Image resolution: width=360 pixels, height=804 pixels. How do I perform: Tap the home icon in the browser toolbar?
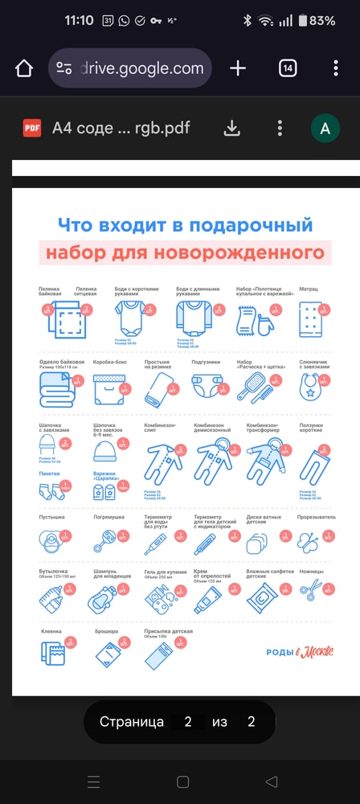tap(24, 68)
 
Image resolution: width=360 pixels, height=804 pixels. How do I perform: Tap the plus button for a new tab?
tap(238, 68)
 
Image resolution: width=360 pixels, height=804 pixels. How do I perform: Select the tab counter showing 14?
tap(288, 68)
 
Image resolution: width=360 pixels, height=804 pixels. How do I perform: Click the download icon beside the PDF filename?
tap(231, 128)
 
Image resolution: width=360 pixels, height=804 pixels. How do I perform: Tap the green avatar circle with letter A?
tap(325, 128)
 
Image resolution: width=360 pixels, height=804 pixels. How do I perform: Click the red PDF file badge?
tap(32, 128)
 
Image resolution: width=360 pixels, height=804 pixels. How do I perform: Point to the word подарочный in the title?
tap(258, 225)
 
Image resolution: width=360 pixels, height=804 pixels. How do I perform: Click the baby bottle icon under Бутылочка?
tap(53, 596)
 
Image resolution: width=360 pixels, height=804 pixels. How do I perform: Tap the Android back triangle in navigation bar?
tap(271, 781)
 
